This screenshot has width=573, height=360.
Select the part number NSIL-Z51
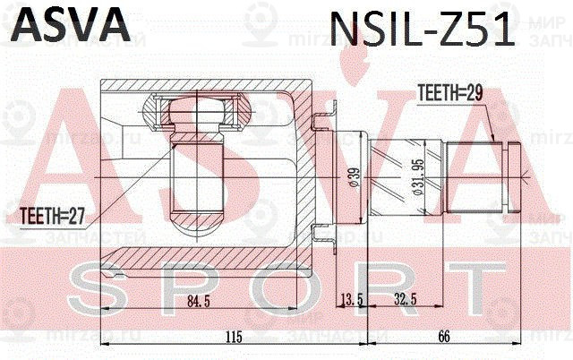pyautogui.click(x=422, y=30)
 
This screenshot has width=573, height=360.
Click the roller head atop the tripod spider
pyautogui.click(x=194, y=116)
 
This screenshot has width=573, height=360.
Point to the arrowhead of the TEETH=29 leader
pyautogui.click(x=493, y=141)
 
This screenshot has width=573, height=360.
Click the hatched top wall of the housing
pyautogui.click(x=206, y=87)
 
